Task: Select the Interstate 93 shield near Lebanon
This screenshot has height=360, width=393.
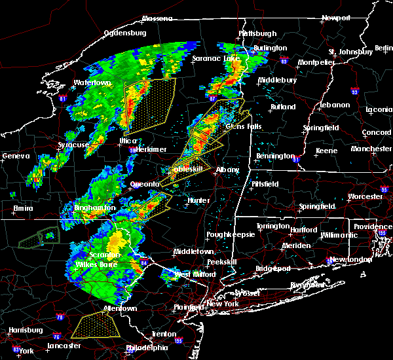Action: coord(354,92)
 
